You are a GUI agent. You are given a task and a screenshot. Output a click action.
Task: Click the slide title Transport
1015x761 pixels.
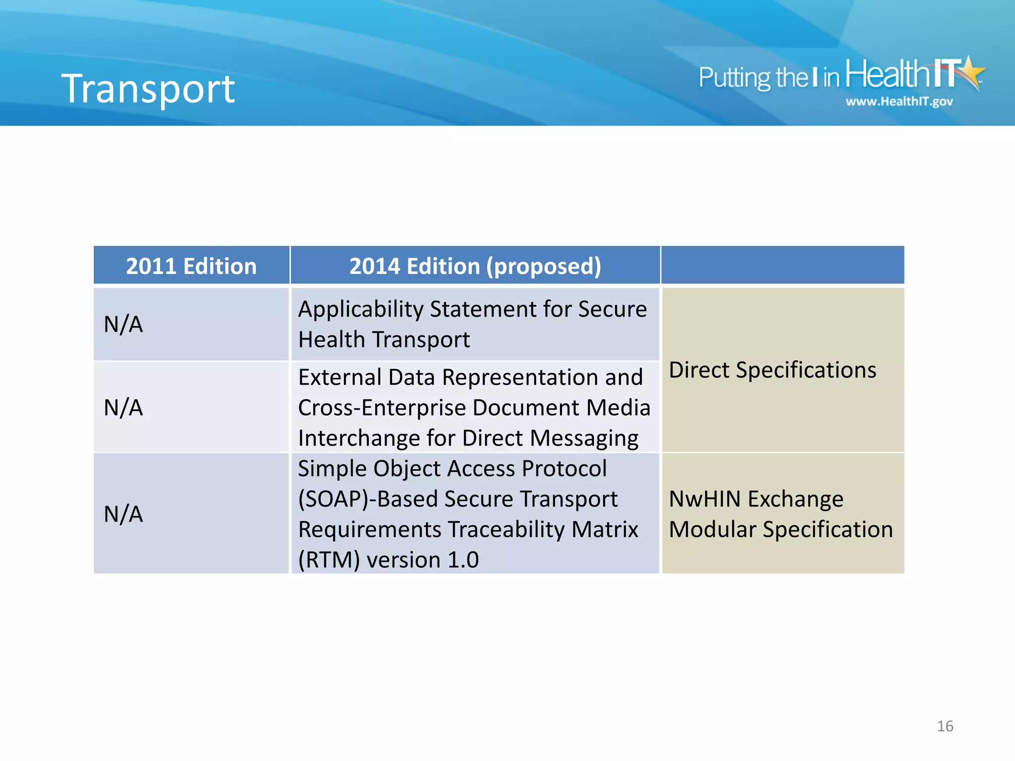(148, 89)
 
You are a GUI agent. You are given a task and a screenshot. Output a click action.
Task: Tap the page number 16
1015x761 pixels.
(945, 726)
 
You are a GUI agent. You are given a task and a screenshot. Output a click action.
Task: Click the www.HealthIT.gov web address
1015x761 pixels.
(899, 102)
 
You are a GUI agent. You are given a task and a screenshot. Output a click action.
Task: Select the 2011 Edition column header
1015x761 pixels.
(191, 266)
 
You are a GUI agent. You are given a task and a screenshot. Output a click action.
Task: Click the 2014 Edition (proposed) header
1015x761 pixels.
(475, 266)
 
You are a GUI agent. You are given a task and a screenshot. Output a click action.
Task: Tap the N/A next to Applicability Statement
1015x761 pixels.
(123, 325)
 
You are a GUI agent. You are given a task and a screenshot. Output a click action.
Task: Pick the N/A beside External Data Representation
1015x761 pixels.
(123, 408)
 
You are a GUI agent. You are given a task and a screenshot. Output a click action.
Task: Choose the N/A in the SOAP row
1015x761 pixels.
(123, 514)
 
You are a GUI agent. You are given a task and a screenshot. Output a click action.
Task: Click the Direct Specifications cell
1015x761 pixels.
(772, 370)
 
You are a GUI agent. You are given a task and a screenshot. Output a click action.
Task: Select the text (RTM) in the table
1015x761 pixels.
(329, 560)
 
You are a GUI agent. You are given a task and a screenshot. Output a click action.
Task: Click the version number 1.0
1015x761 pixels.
(463, 560)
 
